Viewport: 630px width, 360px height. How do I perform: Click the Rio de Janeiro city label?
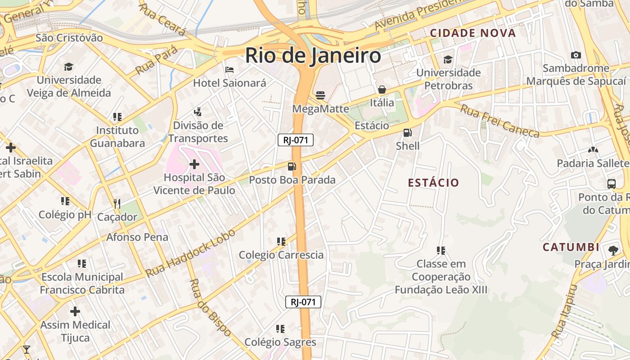[313, 56]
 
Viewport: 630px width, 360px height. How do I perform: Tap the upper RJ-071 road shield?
[295, 140]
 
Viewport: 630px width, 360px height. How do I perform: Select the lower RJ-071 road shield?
[303, 302]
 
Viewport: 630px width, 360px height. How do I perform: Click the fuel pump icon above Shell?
[408, 132]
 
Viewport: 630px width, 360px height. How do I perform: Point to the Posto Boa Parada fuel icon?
[292, 166]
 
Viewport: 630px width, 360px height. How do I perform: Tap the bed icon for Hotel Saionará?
[229, 70]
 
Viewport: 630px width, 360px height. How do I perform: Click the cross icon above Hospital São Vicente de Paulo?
[194, 164]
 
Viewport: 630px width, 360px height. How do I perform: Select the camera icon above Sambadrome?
[576, 55]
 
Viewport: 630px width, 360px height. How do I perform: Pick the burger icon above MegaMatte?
[320, 95]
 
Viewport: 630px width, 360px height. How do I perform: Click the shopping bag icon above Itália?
[382, 90]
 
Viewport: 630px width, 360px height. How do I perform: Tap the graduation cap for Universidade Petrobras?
[448, 59]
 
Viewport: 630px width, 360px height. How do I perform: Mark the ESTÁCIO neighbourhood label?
[433, 183]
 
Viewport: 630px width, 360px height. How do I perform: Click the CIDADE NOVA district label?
[472, 33]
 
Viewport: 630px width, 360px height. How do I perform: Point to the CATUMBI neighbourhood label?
[571, 247]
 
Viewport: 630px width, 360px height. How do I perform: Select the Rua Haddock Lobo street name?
[191, 253]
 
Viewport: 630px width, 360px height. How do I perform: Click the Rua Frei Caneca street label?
[499, 121]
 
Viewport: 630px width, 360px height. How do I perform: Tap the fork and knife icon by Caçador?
[117, 204]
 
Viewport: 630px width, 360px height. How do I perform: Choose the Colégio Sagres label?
[280, 342]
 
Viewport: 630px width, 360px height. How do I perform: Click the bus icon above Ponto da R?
[612, 184]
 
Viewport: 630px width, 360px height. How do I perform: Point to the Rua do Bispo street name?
[210, 308]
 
